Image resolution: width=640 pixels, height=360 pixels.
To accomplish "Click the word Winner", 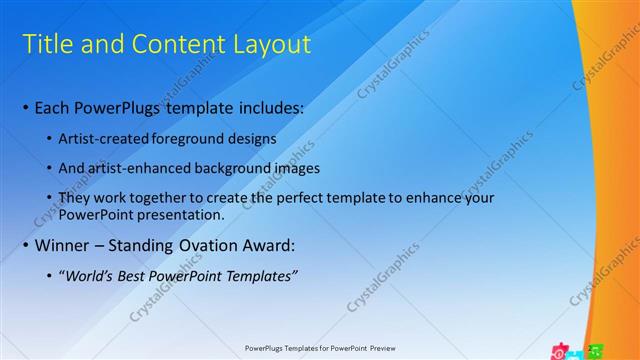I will (x=62, y=245).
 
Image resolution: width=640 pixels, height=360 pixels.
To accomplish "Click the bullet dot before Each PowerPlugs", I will (x=24, y=107).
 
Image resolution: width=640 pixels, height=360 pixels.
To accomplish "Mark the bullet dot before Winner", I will (x=24, y=246).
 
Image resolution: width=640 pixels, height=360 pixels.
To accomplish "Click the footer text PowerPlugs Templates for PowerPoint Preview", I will (x=320, y=349).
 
